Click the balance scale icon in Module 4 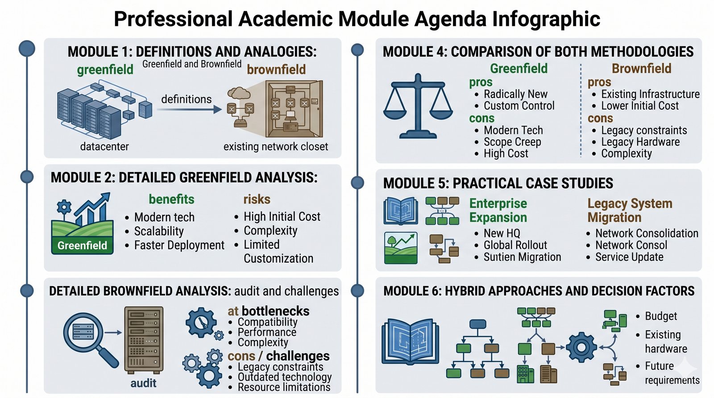[x=418, y=106]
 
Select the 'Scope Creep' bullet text [x=512, y=142]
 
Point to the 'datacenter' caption [x=104, y=147]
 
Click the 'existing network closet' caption [x=276, y=147]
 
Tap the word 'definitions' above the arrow [x=187, y=99]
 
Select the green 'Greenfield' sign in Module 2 [x=82, y=246]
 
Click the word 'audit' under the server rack [x=143, y=383]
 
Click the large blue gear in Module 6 [x=581, y=347]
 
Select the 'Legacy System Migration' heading [x=630, y=210]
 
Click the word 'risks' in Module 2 [x=257, y=199]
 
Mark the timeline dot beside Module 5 [x=357, y=183]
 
